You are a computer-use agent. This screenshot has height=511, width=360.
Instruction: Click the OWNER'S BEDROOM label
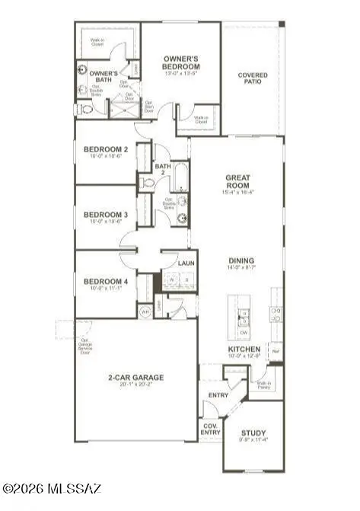182,63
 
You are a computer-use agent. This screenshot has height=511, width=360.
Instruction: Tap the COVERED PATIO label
252,78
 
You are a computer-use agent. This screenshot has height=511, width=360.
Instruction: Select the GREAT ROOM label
237,180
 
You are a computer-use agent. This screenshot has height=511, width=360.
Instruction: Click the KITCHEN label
244,350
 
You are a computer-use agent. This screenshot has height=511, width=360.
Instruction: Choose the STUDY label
253,434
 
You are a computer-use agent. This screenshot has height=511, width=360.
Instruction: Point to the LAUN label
186,263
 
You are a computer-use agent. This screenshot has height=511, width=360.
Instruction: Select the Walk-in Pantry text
264,385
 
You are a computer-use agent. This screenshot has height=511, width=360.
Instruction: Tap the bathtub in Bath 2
180,177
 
